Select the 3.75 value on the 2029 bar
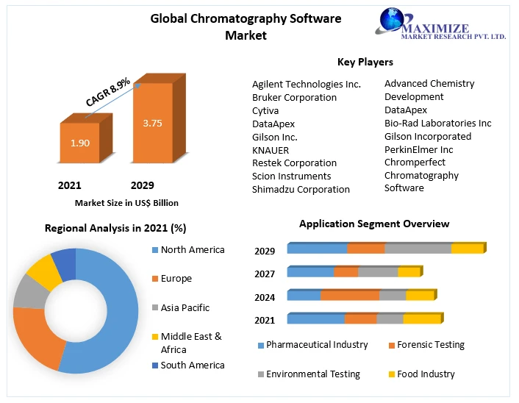point(152,123)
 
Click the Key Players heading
point(365,62)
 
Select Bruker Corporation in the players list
point(294,97)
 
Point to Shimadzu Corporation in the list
point(301,189)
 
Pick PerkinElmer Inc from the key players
point(418,149)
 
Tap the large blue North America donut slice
point(110,309)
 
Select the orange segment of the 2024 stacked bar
point(349,296)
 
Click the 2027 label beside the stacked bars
point(265,274)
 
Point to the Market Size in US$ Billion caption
point(126,202)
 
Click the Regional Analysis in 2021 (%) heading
point(115,228)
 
